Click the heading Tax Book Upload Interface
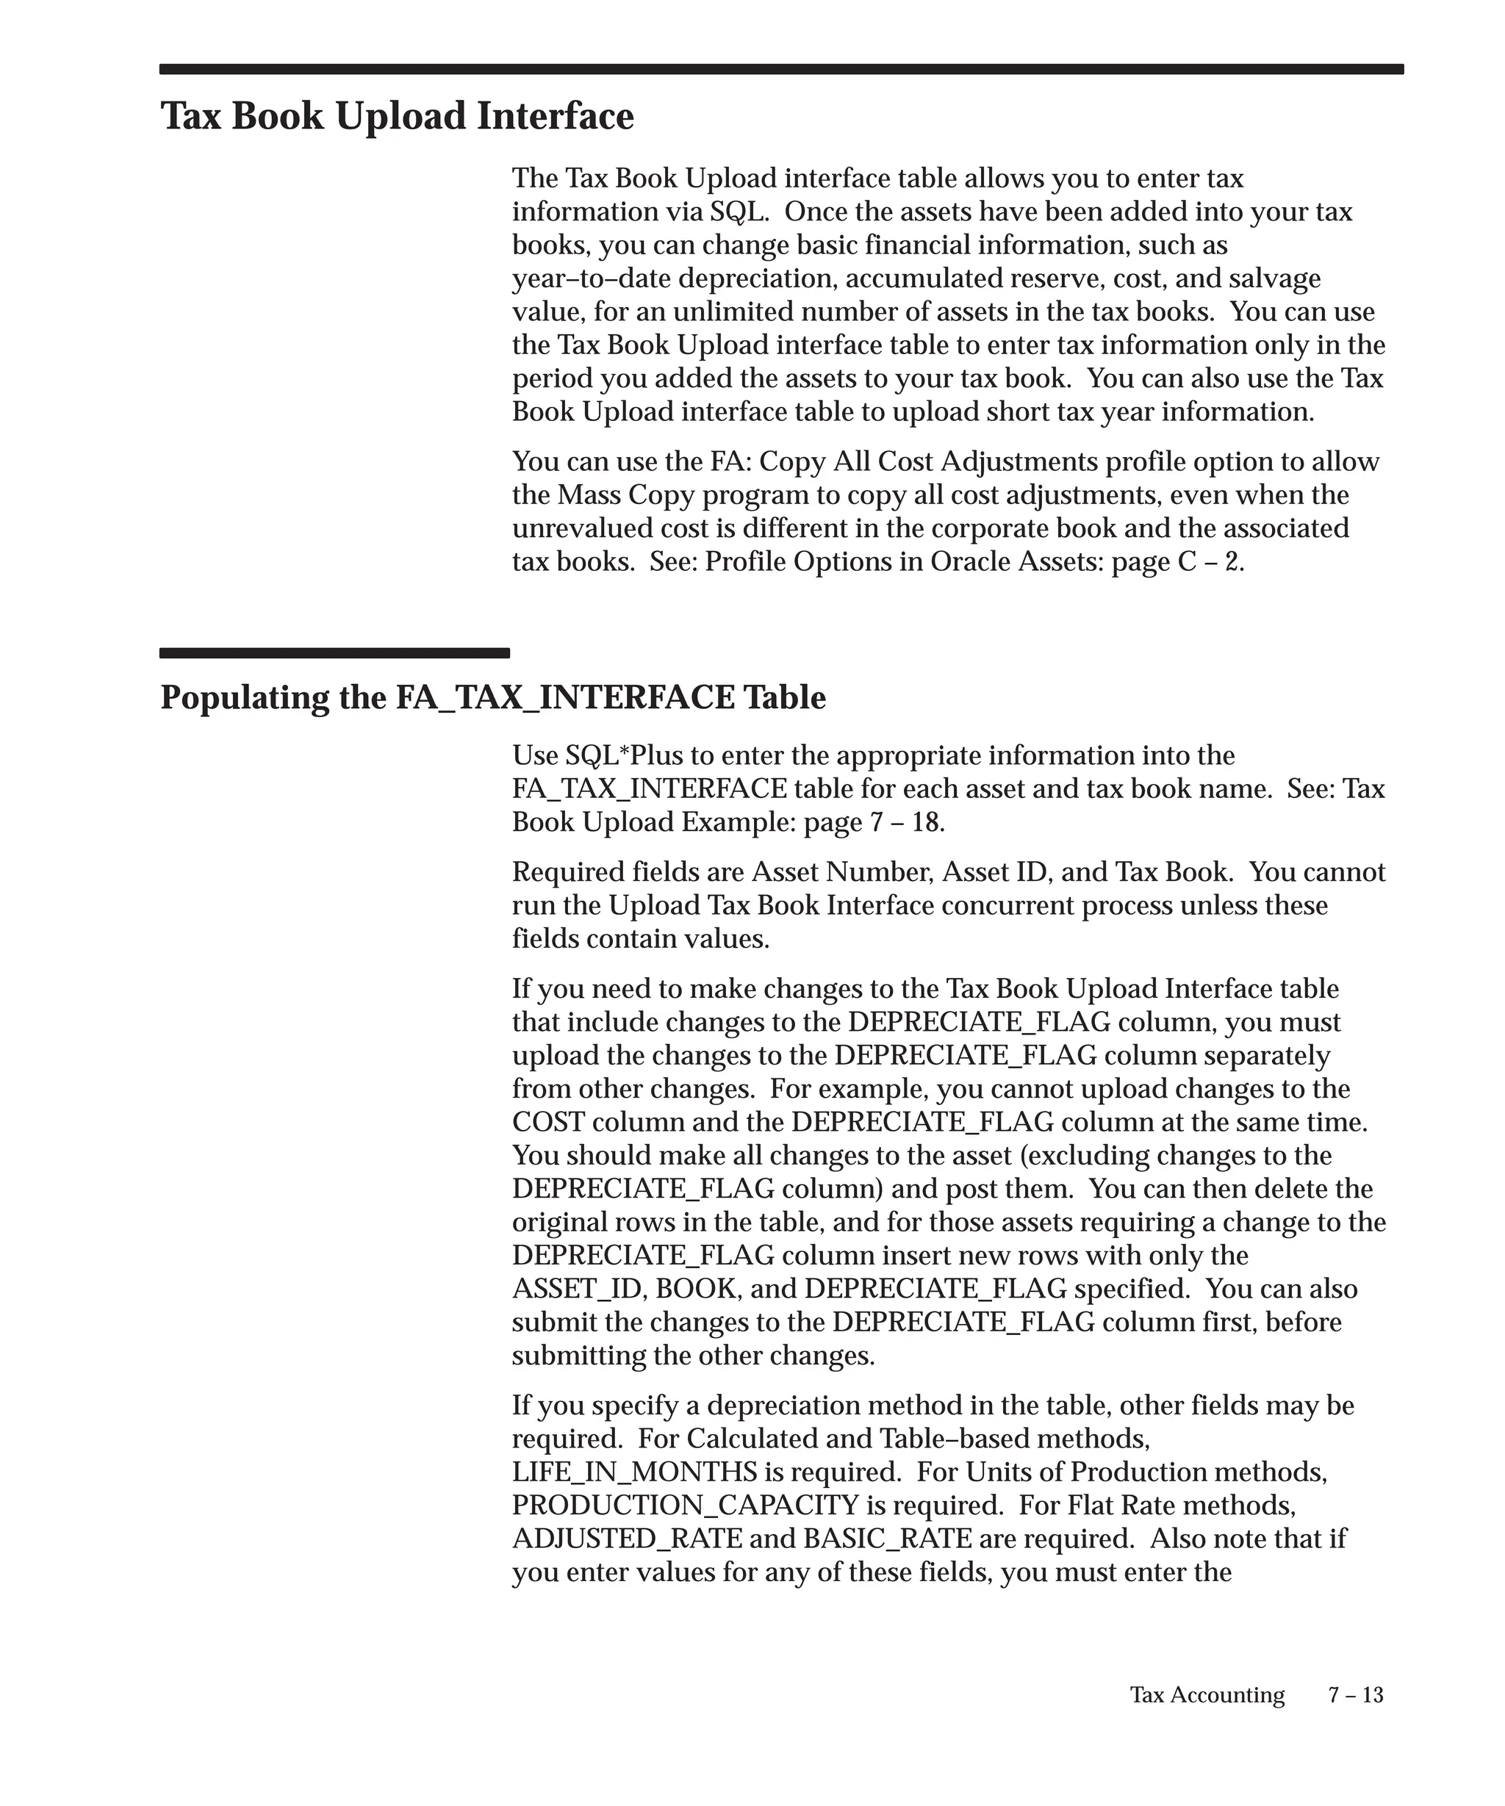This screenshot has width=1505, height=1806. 398,116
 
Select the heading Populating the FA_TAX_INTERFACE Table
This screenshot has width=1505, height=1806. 493,697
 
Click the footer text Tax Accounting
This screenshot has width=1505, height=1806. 1207,1694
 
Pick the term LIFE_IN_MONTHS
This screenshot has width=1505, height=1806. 635,1472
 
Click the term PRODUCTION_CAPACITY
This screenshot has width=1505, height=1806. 686,1505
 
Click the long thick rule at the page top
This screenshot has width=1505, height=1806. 781,70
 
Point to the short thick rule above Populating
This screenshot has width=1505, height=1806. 334,652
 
